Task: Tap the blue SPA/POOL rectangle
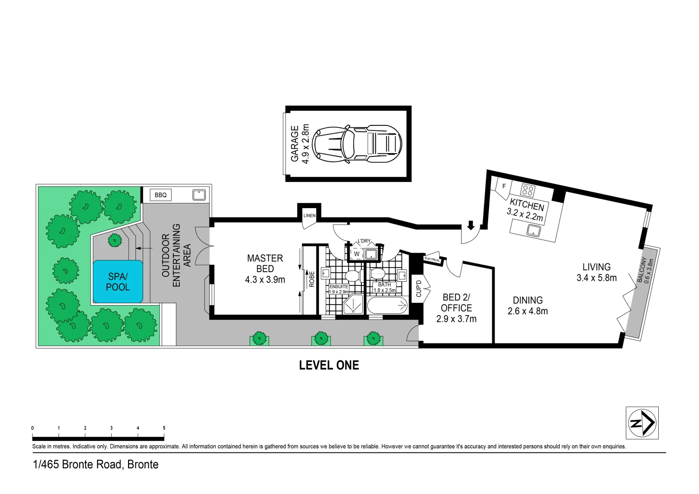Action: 118,282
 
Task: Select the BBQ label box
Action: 161,195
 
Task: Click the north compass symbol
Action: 642,423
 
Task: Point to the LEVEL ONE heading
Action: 329,365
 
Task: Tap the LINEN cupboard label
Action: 309,215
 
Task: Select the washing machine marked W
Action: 356,254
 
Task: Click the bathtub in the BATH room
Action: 387,305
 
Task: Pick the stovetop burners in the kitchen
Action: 527,190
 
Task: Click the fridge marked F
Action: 504,186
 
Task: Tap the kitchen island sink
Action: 533,230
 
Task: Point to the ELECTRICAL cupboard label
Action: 432,259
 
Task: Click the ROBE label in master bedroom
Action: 312,279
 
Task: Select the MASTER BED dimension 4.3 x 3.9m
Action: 265,279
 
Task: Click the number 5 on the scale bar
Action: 164,428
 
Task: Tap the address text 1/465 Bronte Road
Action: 96,464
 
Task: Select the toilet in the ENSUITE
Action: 352,276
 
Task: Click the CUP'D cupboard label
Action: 419,288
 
